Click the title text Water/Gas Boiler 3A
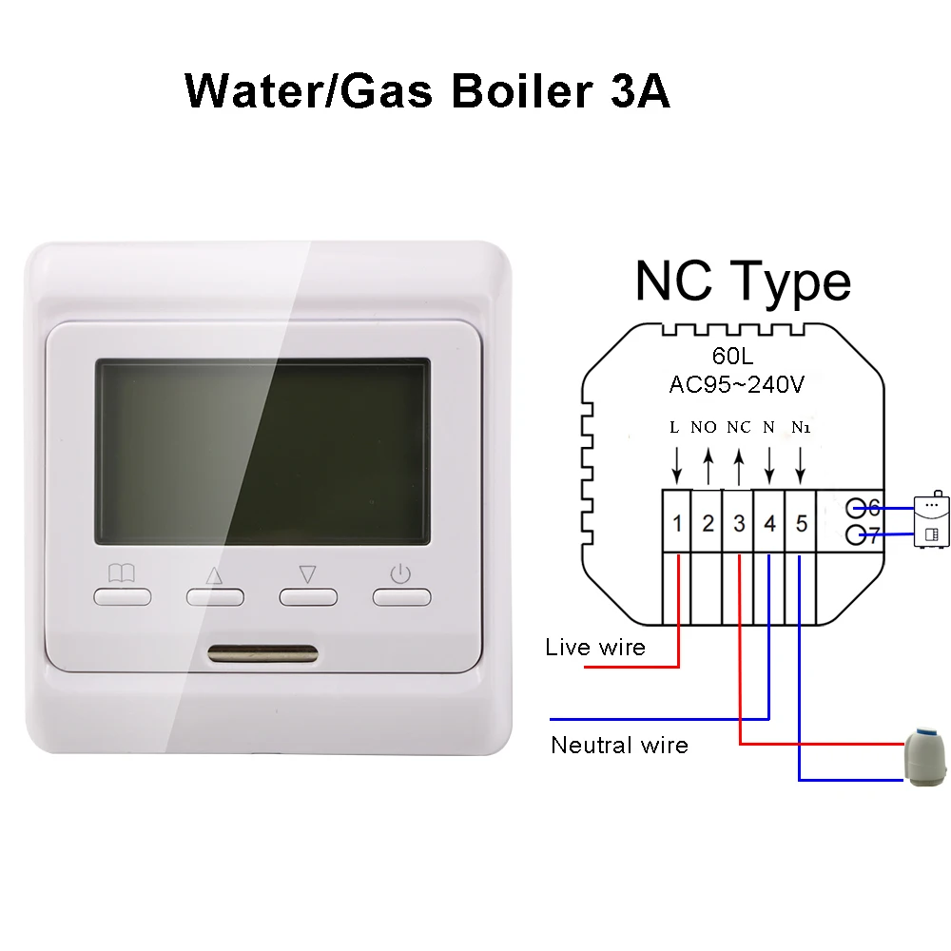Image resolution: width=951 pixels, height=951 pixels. pyautogui.click(x=427, y=92)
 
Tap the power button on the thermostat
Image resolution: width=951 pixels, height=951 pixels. pyautogui.click(x=400, y=596)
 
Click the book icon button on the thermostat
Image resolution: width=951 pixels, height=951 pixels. pyautogui.click(x=122, y=596)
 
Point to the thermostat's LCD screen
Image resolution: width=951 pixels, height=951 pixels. pyautogui.click(x=262, y=452)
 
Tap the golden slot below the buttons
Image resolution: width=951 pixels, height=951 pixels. pyautogui.click(x=262, y=654)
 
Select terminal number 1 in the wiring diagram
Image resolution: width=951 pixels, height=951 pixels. pyautogui.click(x=676, y=522)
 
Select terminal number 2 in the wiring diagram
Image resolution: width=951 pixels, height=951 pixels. pyautogui.click(x=708, y=522)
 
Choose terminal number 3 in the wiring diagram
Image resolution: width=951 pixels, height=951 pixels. pyautogui.click(x=739, y=522)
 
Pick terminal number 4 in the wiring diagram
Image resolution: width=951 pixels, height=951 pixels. pyautogui.click(x=769, y=522)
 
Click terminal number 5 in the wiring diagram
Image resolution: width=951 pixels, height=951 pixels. pyautogui.click(x=801, y=522)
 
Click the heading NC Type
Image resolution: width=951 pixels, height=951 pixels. pyautogui.click(x=743, y=281)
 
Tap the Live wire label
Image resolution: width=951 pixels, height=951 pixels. pyautogui.click(x=595, y=649)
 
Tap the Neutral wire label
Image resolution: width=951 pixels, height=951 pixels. pyautogui.click(x=619, y=745)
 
